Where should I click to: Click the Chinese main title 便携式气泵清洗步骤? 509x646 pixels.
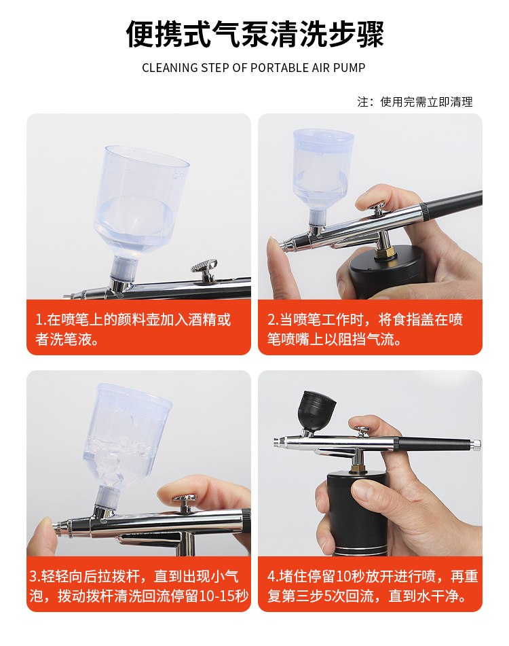254,34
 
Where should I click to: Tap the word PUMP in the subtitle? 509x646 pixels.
349,67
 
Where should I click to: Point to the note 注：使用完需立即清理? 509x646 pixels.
415,102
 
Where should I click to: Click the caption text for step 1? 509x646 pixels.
133,329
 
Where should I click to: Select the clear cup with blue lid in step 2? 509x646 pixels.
322,173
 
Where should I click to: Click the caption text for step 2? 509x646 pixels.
365,329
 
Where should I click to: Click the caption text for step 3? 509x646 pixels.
139,586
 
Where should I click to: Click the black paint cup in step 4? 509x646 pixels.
316,410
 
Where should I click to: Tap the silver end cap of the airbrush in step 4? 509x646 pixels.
476,444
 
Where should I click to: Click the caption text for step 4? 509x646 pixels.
373,586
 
